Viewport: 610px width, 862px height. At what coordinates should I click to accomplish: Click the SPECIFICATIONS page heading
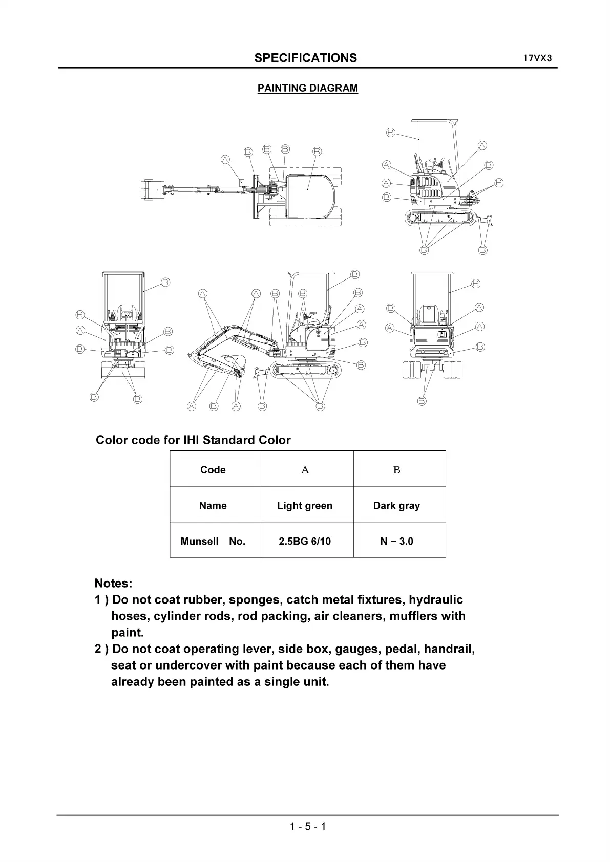click(305, 58)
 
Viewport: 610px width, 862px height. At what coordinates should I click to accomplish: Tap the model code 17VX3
click(537, 58)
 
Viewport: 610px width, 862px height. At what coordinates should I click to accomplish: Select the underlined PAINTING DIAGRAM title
click(307, 88)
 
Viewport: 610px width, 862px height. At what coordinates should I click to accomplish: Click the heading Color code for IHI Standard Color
click(193, 440)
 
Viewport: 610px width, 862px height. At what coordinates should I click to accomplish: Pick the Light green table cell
click(305, 506)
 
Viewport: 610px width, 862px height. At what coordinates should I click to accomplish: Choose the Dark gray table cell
click(396, 506)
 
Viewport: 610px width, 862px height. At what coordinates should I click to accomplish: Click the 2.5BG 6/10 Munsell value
click(305, 541)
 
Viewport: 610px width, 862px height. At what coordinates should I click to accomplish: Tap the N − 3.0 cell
click(396, 541)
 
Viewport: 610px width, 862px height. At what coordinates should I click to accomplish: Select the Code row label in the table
click(213, 470)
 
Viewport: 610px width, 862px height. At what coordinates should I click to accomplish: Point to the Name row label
click(213, 506)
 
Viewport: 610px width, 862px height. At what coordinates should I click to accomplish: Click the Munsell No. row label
click(213, 541)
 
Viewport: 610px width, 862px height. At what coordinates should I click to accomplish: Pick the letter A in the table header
click(305, 470)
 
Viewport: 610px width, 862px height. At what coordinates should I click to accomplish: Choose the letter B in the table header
click(396, 470)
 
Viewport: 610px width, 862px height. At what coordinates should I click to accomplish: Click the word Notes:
click(113, 584)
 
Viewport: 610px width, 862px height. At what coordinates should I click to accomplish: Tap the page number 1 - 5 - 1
click(307, 826)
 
